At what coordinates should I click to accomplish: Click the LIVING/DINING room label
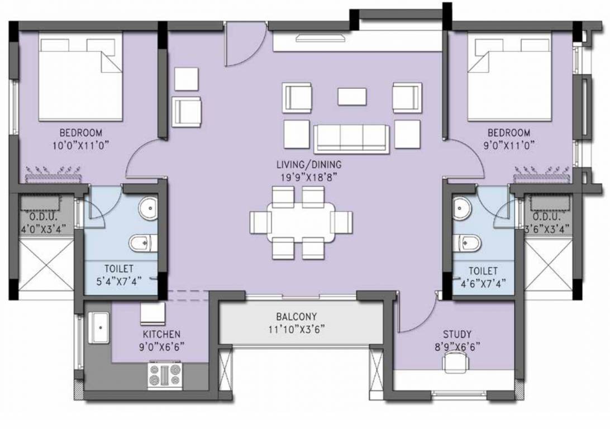click(308, 165)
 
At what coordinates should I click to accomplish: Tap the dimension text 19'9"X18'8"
click(308, 177)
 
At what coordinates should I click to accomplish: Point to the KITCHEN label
click(161, 334)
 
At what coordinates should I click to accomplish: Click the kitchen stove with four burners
click(165, 375)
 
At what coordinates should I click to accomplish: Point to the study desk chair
click(452, 364)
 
